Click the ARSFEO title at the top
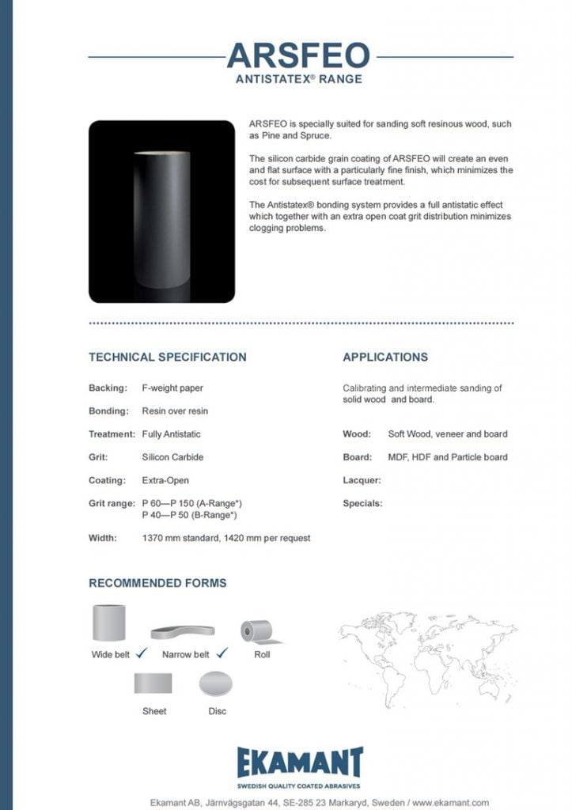pos(297,56)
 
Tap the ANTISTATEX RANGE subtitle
pos(298,79)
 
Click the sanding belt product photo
pos(161,211)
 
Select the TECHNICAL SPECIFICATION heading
pos(167,357)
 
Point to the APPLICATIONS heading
pos(384,357)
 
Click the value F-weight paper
pos(172,388)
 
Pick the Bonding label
pos(108,411)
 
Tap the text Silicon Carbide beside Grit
pos(172,457)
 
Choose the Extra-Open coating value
pos(165,480)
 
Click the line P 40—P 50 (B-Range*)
pos(190,515)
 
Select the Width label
pos(103,538)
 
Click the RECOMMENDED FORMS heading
pos(157,583)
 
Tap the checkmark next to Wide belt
pos(142,653)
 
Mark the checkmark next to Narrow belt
pos(222,653)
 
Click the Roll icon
pos(258,630)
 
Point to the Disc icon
pos(217,683)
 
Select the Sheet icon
pos(153,683)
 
